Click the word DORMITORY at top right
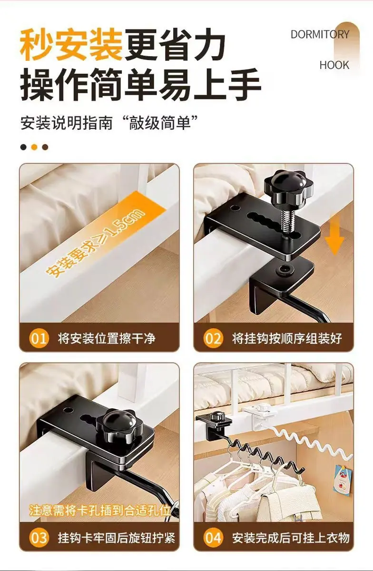coord(320,34)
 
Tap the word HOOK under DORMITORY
coord(334,65)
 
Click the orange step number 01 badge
coord(39,339)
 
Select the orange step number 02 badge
coord(213,339)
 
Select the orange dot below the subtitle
coord(34,148)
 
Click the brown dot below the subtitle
coord(45,148)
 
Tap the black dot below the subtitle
coord(23,148)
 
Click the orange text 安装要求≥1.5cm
coord(95,243)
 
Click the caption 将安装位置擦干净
coord(107,339)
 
